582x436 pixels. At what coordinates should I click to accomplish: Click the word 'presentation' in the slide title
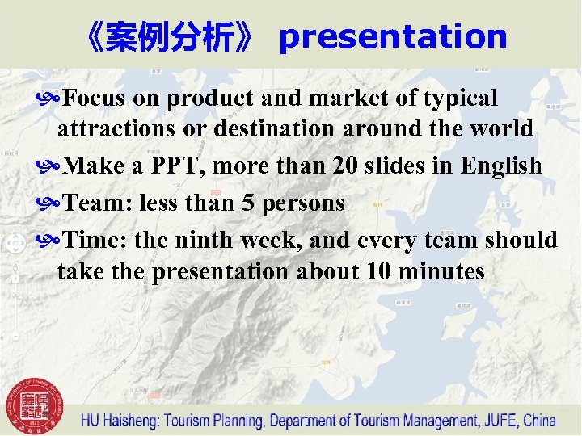pos(393,37)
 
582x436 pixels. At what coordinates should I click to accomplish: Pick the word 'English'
pos(501,166)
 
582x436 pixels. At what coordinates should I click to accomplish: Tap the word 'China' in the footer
pos(539,421)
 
